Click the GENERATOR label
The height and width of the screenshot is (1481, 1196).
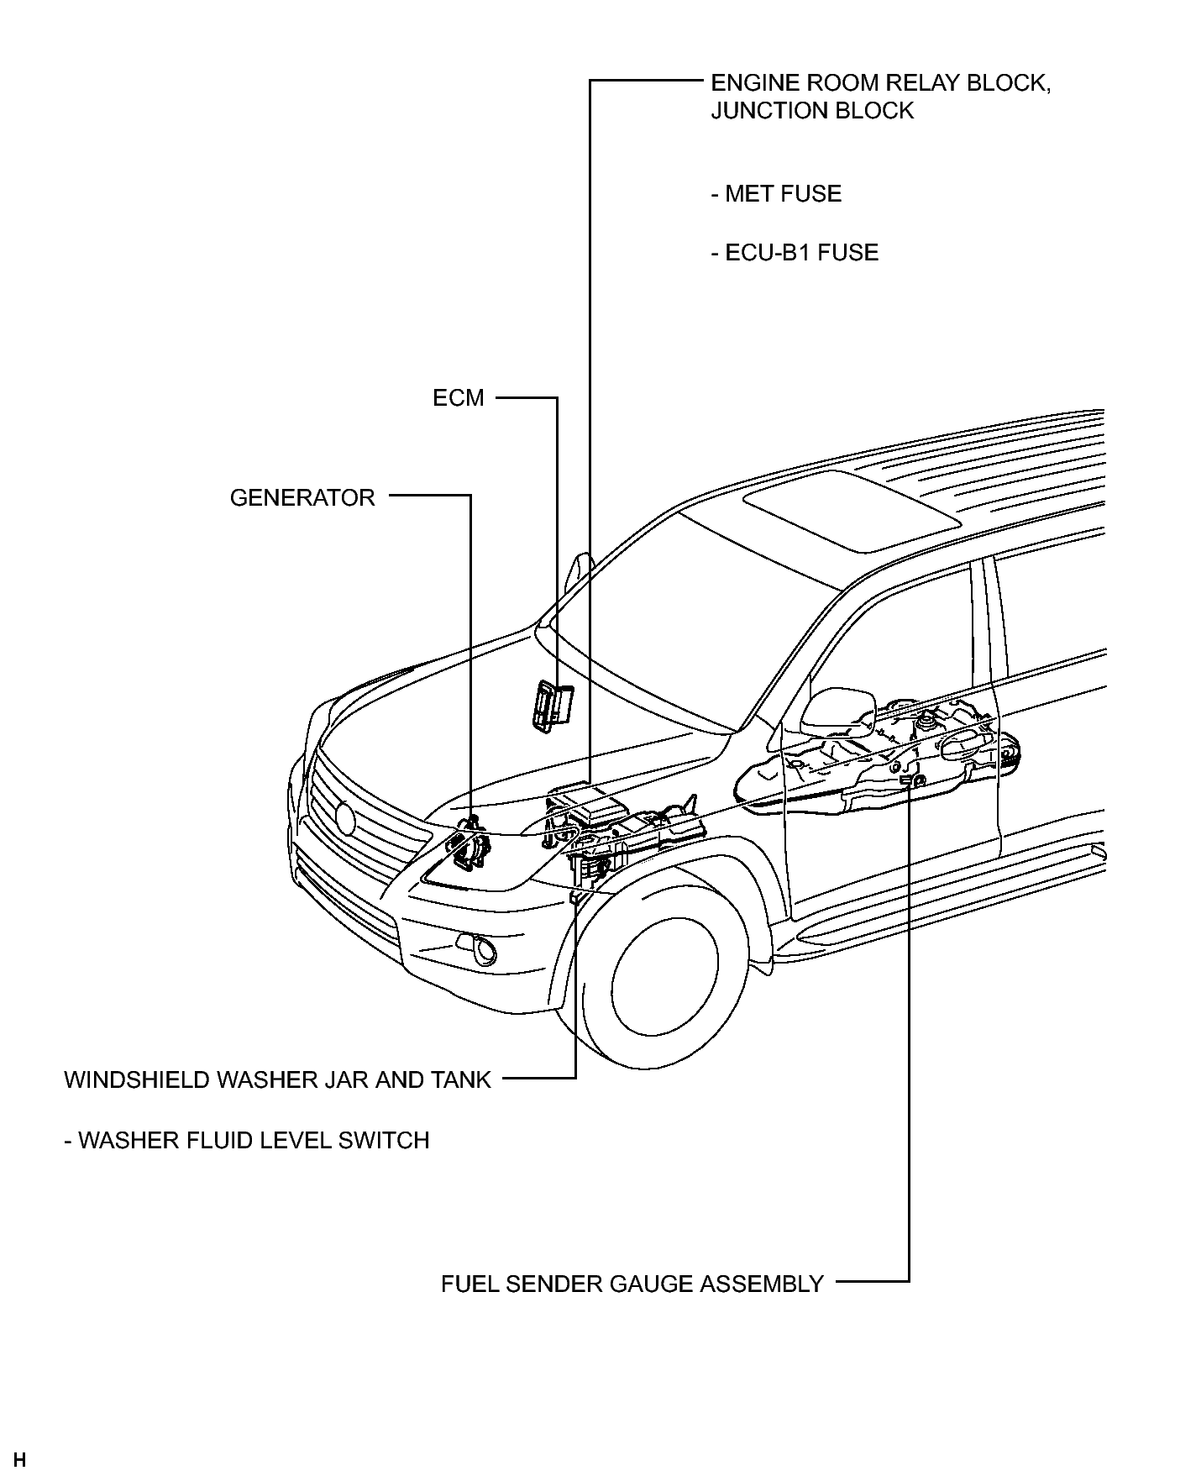(302, 497)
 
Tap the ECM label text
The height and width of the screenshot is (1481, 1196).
(459, 397)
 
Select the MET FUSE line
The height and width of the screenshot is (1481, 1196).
(776, 193)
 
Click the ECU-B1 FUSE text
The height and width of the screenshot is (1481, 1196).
(795, 252)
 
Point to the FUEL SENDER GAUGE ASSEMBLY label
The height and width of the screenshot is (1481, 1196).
(632, 1284)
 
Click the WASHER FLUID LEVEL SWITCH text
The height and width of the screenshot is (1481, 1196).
(247, 1140)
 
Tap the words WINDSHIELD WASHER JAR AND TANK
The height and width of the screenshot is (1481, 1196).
(277, 1079)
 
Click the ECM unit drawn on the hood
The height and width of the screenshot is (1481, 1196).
(551, 705)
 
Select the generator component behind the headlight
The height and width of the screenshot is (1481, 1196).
(471, 843)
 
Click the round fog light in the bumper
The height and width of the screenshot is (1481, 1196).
(484, 951)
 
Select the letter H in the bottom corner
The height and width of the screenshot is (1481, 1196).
(20, 1460)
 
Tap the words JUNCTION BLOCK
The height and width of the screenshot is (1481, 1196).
(812, 111)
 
